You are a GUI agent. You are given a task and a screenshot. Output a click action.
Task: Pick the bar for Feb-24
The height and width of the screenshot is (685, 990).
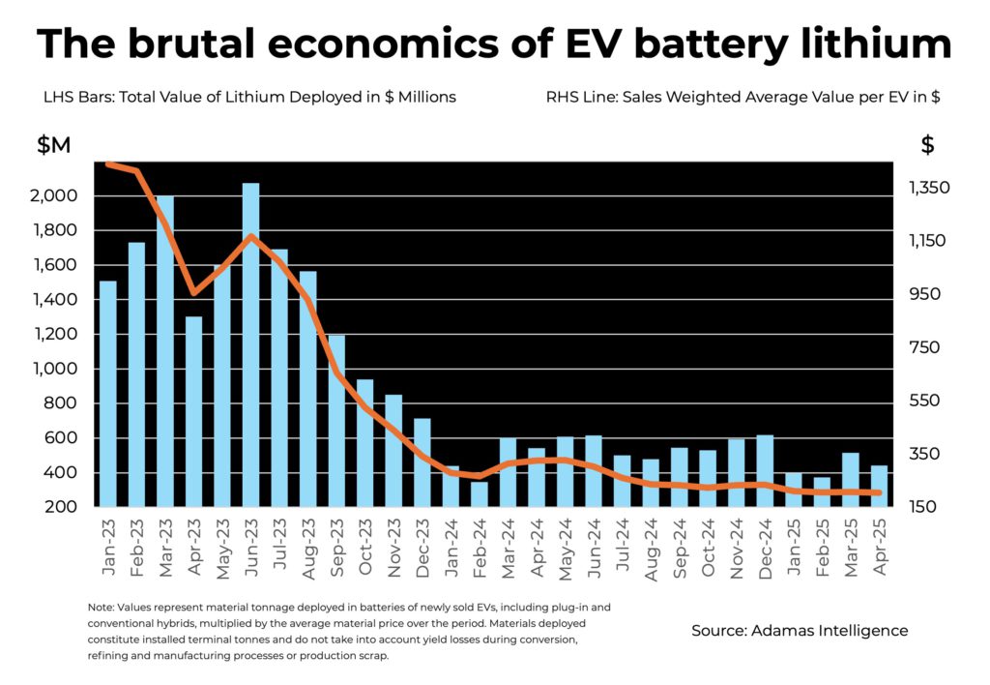click(x=479, y=493)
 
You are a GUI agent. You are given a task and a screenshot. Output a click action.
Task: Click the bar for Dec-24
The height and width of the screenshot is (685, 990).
click(x=765, y=470)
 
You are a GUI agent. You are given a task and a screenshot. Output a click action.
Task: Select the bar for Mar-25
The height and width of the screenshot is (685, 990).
click(x=851, y=479)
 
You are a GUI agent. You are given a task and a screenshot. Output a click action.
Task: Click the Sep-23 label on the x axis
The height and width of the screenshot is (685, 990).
click(x=337, y=547)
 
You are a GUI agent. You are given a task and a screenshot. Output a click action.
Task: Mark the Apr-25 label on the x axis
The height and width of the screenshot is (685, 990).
click(x=880, y=547)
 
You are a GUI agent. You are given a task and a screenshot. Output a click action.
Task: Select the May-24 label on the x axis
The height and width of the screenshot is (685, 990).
click(x=566, y=547)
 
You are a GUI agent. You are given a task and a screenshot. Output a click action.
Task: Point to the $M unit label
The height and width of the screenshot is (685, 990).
click(x=54, y=146)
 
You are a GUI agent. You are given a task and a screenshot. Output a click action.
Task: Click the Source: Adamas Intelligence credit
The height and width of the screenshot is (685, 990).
click(x=800, y=630)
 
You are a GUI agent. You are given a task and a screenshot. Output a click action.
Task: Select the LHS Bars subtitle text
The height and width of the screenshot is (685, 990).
click(x=249, y=97)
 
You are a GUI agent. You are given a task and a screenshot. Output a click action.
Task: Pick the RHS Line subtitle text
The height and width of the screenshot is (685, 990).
click(x=743, y=97)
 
